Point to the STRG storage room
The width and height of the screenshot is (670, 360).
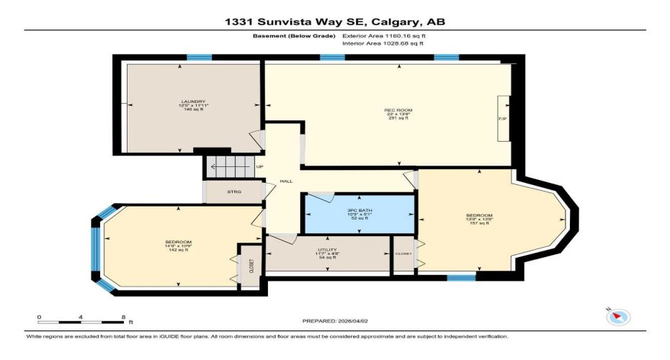tap(233, 192)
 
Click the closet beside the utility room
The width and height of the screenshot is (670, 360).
tap(403, 254)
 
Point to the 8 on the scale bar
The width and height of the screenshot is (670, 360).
tap(123, 317)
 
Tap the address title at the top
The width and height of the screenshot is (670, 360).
tap(334, 22)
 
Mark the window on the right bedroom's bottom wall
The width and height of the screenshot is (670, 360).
tap(461, 276)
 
